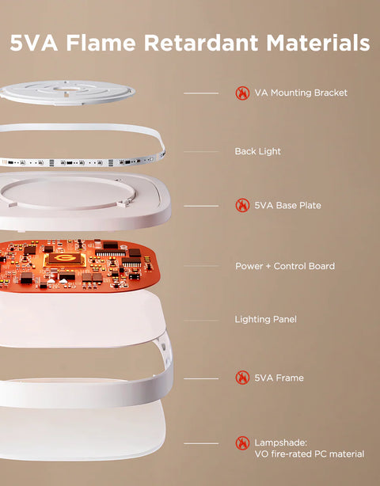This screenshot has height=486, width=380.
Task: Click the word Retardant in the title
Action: tap(202, 43)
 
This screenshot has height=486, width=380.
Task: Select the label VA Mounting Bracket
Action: tap(301, 93)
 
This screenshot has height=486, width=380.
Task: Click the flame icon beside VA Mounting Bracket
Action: tap(242, 93)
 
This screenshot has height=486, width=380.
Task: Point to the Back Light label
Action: tap(257, 151)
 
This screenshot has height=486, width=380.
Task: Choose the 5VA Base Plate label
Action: tap(287, 206)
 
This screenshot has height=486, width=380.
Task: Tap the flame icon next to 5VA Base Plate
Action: tap(242, 206)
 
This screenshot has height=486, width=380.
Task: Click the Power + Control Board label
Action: tap(284, 266)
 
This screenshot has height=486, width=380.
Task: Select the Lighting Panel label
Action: tap(265, 320)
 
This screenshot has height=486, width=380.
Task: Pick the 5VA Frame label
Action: tap(279, 378)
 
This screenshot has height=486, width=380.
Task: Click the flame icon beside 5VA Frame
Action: tap(242, 378)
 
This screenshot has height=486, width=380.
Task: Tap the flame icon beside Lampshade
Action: tap(242, 443)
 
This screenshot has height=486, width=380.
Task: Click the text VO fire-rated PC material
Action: tap(309, 454)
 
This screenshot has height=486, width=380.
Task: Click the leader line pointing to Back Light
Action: tap(200, 151)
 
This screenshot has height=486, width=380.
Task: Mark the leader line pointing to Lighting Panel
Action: tap(200, 321)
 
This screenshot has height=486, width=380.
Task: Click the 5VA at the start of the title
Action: tap(35, 43)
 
